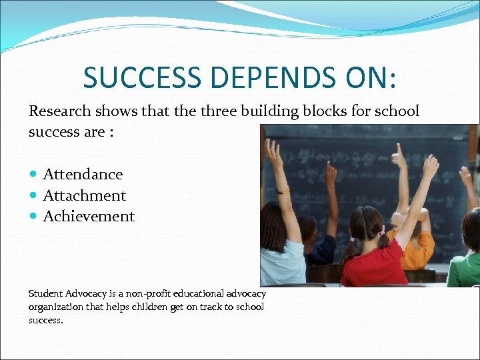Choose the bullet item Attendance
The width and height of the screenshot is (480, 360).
pos(83,175)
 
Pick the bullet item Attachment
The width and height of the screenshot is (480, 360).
pos(84,196)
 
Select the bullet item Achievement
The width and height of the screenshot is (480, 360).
pos(89,217)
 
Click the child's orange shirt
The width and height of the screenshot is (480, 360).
pos(417,250)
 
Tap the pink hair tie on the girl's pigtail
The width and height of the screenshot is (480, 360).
pos(381,233)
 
